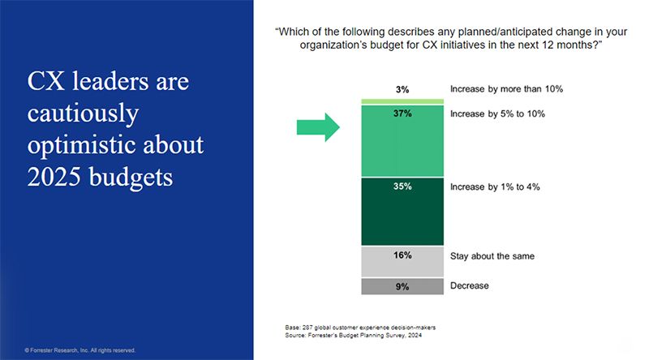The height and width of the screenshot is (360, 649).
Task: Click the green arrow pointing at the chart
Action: pos(316,126)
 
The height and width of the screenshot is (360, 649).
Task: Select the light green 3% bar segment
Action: pos(402,101)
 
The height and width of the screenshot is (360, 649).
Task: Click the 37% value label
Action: pos(402,114)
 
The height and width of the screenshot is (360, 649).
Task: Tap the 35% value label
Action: pos(402,186)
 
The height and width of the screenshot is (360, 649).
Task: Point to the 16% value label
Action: pos(402,255)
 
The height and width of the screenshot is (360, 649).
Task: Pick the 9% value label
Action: pos(402,286)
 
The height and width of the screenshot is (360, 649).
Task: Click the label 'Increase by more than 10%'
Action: pos(506,88)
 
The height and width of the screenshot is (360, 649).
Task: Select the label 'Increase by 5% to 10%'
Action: pos(496,114)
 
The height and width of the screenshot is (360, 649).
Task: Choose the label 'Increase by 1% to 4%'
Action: pos(494,186)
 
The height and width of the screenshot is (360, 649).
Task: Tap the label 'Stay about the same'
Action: pos(492,255)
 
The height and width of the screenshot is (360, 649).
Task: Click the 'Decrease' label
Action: pos(470,285)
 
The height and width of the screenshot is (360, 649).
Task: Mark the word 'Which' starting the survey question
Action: pos(294,32)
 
